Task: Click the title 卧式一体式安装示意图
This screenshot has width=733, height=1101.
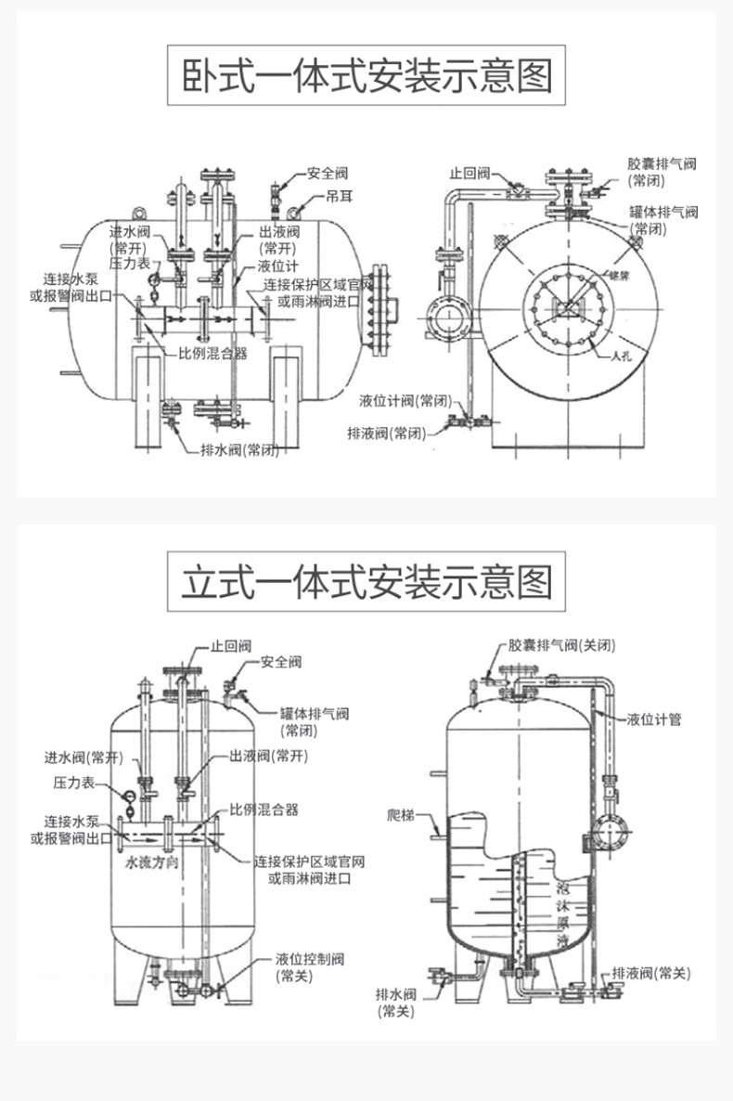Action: tap(366, 76)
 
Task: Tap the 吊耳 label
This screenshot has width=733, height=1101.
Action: tap(338, 197)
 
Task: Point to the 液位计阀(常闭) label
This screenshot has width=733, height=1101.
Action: tap(405, 400)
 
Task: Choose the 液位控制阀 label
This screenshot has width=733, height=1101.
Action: tap(310, 959)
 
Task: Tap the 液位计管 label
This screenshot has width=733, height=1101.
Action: tap(654, 719)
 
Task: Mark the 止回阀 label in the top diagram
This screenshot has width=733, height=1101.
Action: tap(469, 173)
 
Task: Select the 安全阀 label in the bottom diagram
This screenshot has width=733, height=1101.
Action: tap(281, 662)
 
